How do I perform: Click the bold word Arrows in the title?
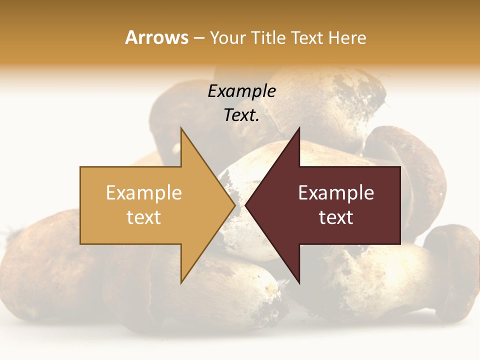pos(157,37)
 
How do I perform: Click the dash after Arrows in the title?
pos(199,38)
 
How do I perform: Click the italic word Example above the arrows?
pos(241,91)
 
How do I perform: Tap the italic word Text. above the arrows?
pos(241,115)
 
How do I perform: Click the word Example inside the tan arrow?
pos(144,193)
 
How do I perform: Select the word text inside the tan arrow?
pos(144,217)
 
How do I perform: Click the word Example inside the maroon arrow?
pos(336,193)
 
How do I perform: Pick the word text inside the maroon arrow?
pos(336,217)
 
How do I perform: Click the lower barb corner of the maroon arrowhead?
pos(299,282)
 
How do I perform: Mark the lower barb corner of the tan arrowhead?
pos(181,282)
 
